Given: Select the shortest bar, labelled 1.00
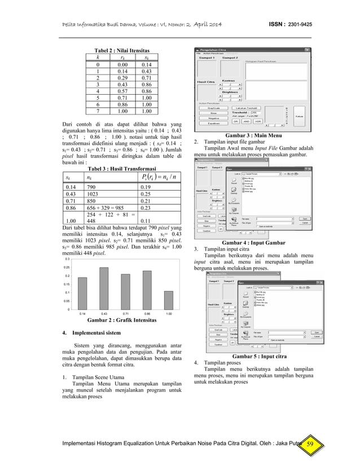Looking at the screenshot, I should point(168,300).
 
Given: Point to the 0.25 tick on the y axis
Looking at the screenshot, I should point(67,267).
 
